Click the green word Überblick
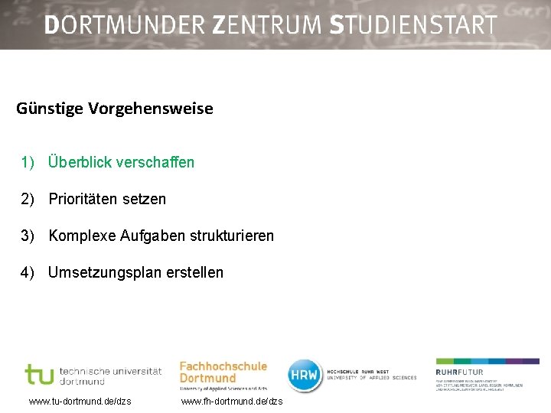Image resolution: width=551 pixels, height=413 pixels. pos(80,162)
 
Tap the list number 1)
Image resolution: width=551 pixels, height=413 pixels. pos(28,162)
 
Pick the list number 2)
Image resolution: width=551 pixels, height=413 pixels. pos(28,199)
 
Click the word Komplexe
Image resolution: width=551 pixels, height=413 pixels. pos(83,236)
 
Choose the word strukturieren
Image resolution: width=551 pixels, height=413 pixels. pos(231,236)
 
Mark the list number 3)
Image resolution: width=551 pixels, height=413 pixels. pos(28,236)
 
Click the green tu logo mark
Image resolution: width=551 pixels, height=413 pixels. pos(39,375)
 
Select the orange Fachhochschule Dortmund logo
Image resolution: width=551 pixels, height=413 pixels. pos(223,373)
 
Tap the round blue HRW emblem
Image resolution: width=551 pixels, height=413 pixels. pos(304,375)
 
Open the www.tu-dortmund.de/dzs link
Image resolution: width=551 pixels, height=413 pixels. pos(80,402)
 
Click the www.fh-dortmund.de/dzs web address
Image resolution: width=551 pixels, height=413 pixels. pos(231,402)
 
